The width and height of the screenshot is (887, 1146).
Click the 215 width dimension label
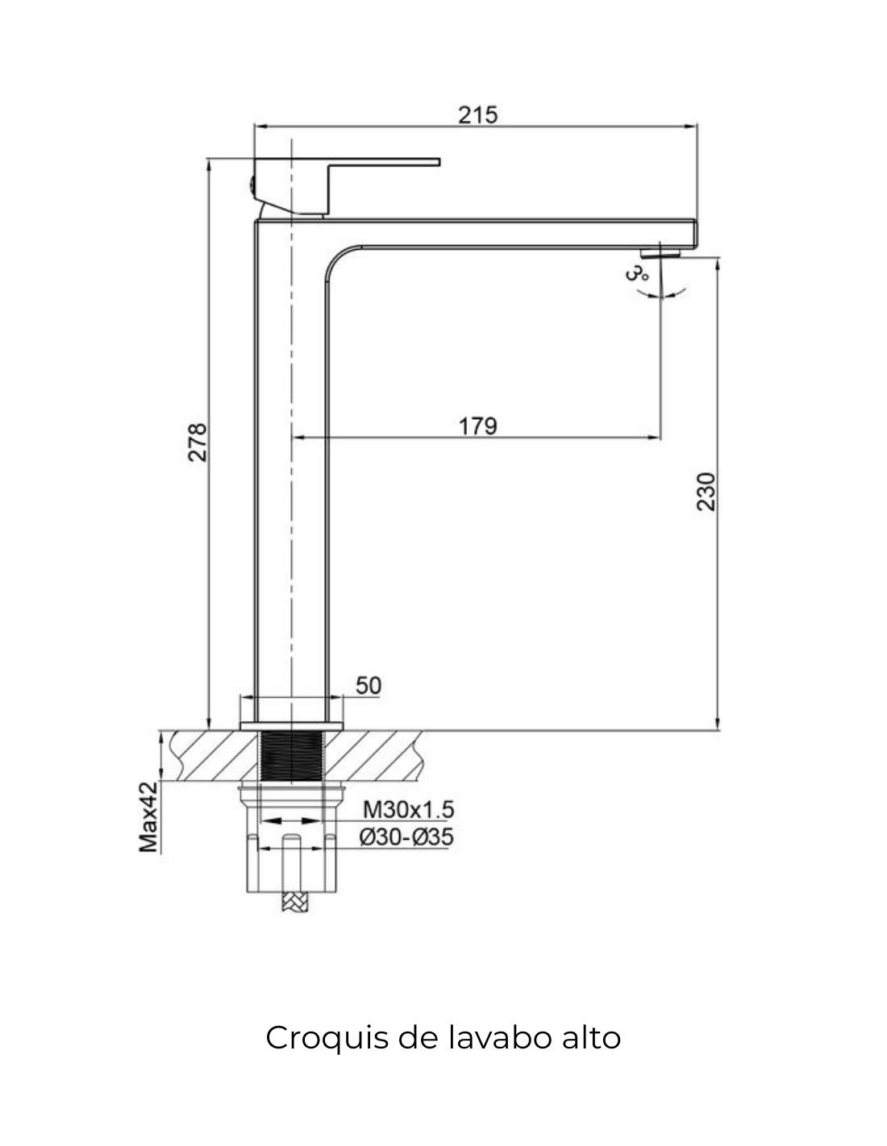(x=477, y=115)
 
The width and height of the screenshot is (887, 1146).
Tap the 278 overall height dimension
(x=198, y=442)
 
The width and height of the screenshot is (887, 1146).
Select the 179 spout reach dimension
(x=477, y=426)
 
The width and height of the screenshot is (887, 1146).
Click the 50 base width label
(x=369, y=686)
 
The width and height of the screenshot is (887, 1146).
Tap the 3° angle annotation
(x=636, y=274)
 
